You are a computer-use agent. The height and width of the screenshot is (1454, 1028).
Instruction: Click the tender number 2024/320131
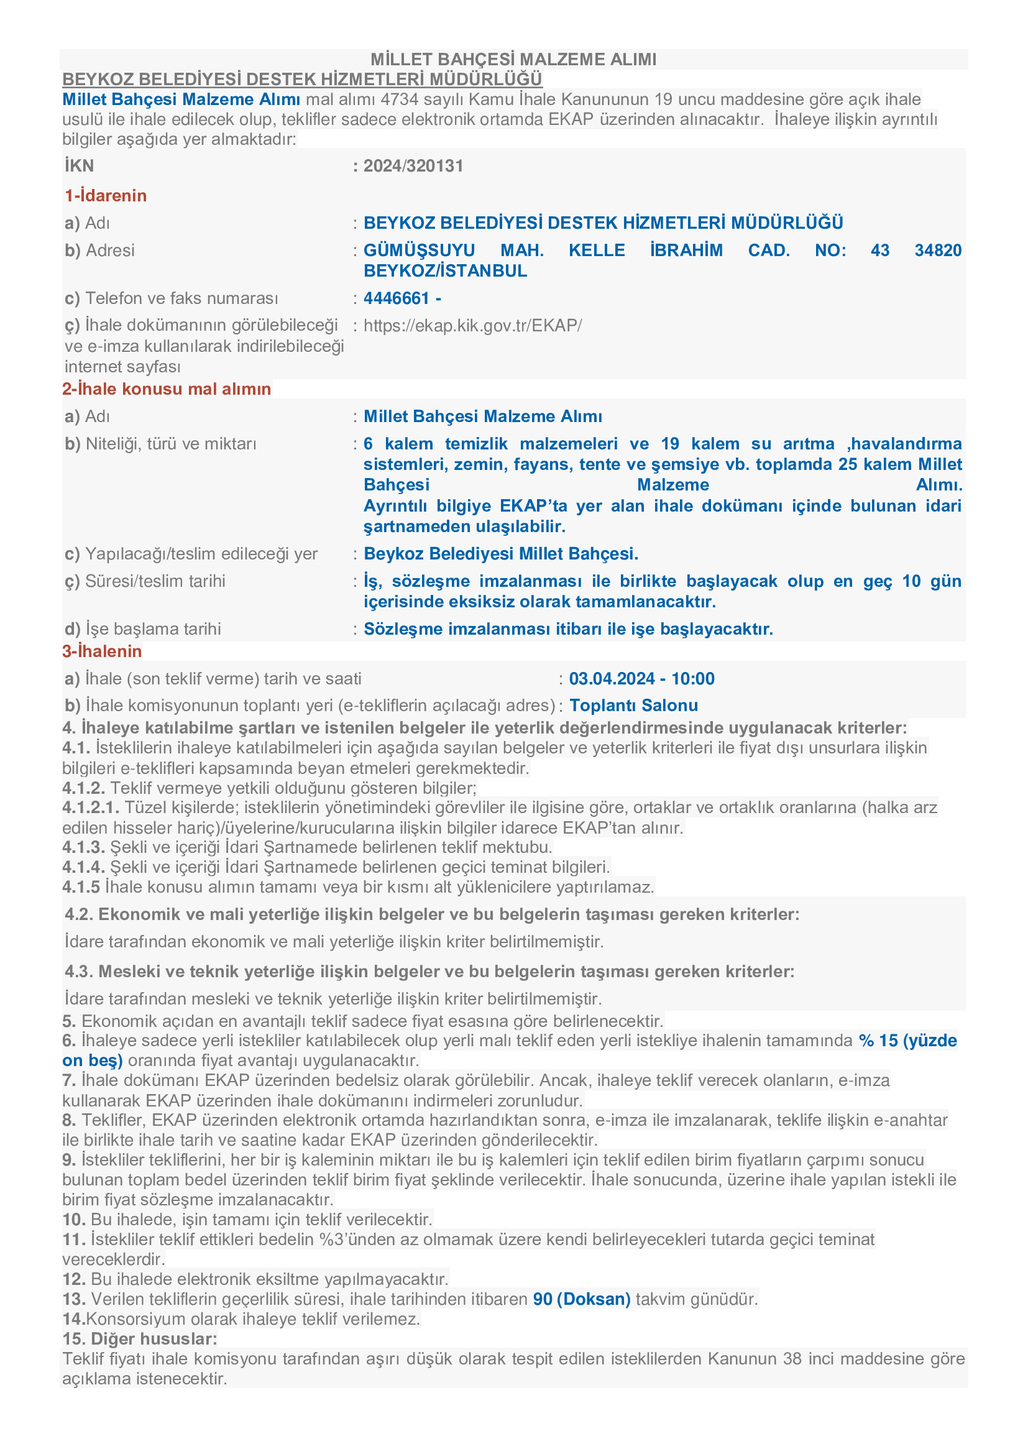click(x=413, y=166)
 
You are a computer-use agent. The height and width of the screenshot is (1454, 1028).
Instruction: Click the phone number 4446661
click(x=397, y=298)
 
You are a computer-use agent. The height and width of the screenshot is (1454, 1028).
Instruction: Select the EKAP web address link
click(x=472, y=326)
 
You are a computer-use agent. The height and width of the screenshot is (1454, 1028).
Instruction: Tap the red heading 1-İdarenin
click(x=105, y=196)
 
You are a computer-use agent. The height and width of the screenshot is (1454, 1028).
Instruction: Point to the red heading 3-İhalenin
click(x=102, y=651)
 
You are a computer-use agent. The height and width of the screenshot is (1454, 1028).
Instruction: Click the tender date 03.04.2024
click(x=612, y=679)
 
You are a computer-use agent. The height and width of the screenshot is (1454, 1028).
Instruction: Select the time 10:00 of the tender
click(x=693, y=679)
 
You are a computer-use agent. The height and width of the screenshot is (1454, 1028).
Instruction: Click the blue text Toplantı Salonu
click(x=633, y=706)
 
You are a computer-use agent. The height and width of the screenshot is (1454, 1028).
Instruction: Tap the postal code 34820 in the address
click(x=937, y=250)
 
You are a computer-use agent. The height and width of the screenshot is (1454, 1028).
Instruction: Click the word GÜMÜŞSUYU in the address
click(x=419, y=250)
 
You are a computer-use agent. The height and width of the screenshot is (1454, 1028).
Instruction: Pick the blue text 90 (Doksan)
click(x=582, y=1299)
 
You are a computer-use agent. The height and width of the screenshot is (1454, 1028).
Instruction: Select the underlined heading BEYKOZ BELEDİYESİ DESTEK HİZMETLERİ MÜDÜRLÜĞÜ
click(x=302, y=79)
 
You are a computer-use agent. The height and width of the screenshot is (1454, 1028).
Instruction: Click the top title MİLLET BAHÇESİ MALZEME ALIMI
click(x=513, y=60)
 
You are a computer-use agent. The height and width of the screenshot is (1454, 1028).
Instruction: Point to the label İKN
click(x=79, y=166)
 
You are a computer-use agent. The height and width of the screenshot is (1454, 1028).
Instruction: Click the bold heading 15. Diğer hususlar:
click(x=139, y=1339)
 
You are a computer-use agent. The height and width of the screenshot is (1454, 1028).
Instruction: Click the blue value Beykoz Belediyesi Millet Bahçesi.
click(x=501, y=554)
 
